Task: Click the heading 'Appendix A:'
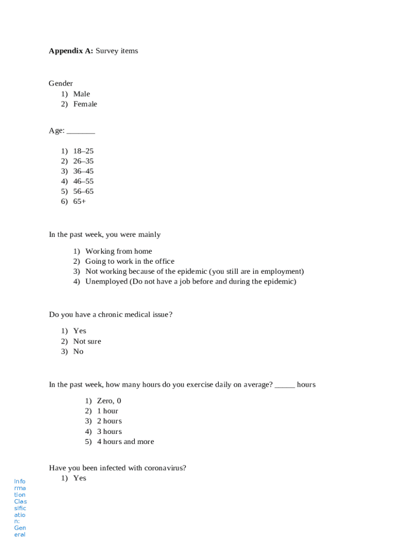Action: pyautogui.click(x=71, y=51)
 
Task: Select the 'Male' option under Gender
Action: pyautogui.click(x=81, y=94)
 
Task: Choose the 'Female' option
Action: pyautogui.click(x=85, y=104)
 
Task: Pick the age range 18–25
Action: pyautogui.click(x=83, y=151)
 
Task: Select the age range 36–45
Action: pyautogui.click(x=83, y=171)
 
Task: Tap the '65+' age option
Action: pyautogui.click(x=79, y=201)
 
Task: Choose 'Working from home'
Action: pyautogui.click(x=119, y=251)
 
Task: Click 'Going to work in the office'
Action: pyautogui.click(x=130, y=261)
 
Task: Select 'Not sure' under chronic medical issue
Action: pyautogui.click(x=87, y=342)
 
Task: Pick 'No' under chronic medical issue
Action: pyautogui.click(x=78, y=351)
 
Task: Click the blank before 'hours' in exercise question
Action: pyautogui.click(x=285, y=386)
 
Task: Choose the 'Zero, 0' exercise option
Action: pyautogui.click(x=109, y=401)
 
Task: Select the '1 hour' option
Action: pyautogui.click(x=108, y=411)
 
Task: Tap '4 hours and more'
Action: pyautogui.click(x=125, y=442)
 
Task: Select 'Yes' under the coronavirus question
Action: pyautogui.click(x=80, y=478)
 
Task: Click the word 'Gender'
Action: pyautogui.click(x=61, y=84)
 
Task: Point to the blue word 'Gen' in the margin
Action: pyautogui.click(x=20, y=527)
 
